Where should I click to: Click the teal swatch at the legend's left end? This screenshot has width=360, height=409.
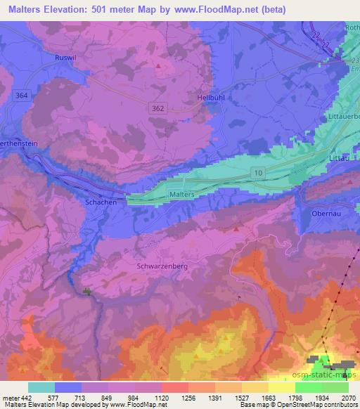[41, 387]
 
